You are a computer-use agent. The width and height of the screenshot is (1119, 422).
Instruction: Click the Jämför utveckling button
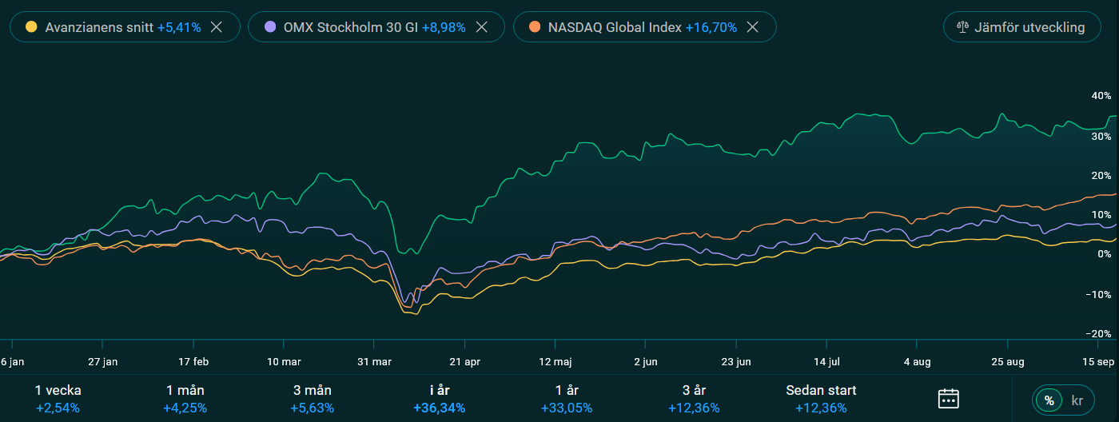pyautogui.click(x=1020, y=27)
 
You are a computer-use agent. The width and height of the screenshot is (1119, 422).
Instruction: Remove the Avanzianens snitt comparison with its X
pyautogui.click(x=216, y=26)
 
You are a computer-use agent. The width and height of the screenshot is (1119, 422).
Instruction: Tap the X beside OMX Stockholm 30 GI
pyautogui.click(x=481, y=26)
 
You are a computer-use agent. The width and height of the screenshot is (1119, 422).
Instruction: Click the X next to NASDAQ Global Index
pyautogui.click(x=752, y=26)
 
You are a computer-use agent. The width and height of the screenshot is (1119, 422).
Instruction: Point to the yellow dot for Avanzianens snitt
pyautogui.click(x=31, y=26)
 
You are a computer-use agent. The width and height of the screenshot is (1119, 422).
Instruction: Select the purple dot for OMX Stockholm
pyautogui.click(x=270, y=26)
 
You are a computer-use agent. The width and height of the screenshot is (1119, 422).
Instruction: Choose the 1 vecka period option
pyautogui.click(x=58, y=398)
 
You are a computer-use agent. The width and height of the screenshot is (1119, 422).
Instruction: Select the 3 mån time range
pyautogui.click(x=312, y=398)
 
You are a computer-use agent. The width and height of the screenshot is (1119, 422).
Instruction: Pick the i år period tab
pyautogui.click(x=439, y=398)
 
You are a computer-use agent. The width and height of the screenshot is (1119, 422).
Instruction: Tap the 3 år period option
pyautogui.click(x=694, y=398)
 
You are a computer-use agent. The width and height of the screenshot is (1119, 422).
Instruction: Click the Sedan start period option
pyautogui.click(x=821, y=398)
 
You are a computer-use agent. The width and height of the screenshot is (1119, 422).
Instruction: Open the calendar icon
pyautogui.click(x=948, y=398)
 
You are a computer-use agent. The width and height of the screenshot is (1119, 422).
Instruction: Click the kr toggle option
pyautogui.click(x=1077, y=399)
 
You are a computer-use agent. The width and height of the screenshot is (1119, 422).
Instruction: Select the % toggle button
pyautogui.click(x=1049, y=399)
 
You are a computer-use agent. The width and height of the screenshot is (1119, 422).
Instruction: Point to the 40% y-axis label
pyautogui.click(x=1101, y=96)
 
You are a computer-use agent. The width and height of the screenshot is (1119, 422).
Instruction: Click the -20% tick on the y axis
pyautogui.click(x=1100, y=333)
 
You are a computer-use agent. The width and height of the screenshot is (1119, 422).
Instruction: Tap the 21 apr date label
pyautogui.click(x=465, y=361)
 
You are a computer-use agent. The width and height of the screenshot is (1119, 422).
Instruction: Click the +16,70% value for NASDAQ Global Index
pyautogui.click(x=711, y=27)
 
